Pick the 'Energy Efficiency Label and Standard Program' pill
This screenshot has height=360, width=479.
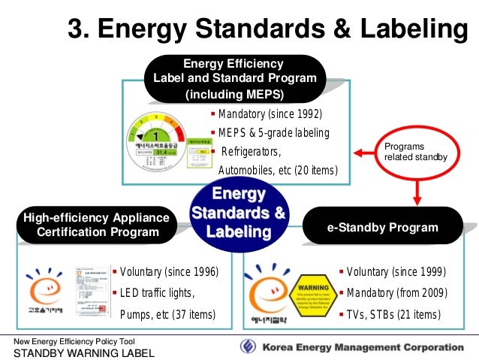coord(234,79)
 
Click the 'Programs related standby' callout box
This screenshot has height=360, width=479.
coord(414,152)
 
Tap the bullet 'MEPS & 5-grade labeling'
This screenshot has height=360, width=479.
coord(273,133)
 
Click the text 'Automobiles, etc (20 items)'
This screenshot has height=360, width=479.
coord(277,171)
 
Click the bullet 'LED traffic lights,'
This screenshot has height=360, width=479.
coord(156,292)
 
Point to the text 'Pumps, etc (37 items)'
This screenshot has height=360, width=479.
coord(167,313)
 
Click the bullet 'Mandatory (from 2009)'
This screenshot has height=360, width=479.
coord(396,292)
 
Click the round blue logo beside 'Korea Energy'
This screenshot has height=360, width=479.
coord(248,346)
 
